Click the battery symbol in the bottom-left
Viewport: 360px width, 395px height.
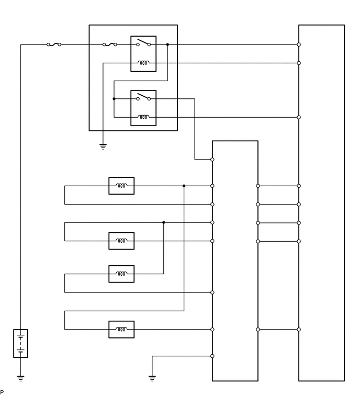[20, 343]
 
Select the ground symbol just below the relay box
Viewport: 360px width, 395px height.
[103, 146]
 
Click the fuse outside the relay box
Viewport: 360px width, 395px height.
[54, 45]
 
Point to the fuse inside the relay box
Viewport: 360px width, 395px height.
[110, 45]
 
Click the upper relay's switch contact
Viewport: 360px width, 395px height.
[143, 43]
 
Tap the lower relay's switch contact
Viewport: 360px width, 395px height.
[143, 97]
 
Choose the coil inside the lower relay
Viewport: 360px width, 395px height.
[143, 117]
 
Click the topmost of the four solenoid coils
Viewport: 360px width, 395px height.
[121, 186]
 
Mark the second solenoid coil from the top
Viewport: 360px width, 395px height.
[121, 241]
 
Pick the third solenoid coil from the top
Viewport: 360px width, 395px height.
[121, 274]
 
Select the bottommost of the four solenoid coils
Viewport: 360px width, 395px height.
[121, 330]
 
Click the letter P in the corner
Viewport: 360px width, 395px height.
[2, 392]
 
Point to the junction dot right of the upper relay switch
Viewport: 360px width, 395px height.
[167, 45]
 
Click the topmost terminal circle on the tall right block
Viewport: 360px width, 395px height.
[299, 45]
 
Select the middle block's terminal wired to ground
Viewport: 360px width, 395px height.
[212, 356]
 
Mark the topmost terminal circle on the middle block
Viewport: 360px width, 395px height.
[212, 159]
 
